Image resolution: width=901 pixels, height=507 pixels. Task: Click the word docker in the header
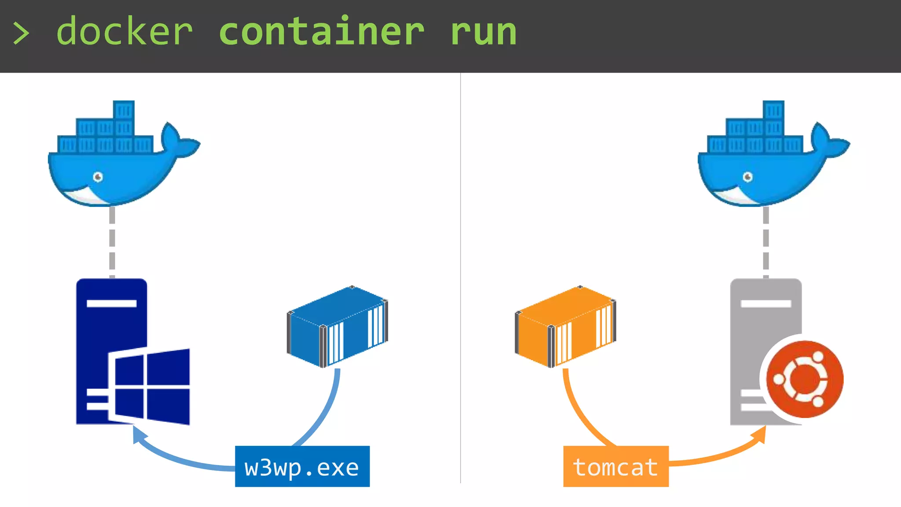[x=125, y=32]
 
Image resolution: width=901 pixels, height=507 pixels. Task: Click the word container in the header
[x=321, y=32]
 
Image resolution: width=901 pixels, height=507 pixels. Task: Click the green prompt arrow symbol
[x=21, y=33]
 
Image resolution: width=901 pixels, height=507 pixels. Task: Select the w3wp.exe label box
[x=302, y=467]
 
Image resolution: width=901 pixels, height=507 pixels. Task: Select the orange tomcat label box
[x=615, y=467]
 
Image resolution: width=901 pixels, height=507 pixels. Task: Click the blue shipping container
[x=337, y=326]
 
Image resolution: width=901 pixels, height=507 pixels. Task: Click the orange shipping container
[x=565, y=326]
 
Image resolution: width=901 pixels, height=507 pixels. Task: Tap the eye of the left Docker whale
[x=98, y=177]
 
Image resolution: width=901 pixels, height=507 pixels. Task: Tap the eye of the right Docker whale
[x=747, y=177]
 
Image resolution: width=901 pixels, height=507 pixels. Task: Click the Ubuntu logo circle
[x=804, y=379]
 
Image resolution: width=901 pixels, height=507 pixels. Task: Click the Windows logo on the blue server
[x=150, y=386]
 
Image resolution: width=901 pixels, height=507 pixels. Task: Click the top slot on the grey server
[x=765, y=304]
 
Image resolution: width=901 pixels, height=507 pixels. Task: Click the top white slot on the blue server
[x=111, y=303]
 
